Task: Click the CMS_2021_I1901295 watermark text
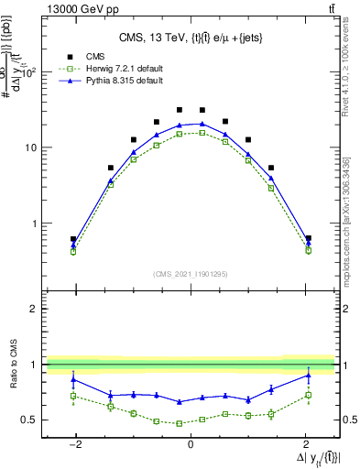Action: click(190, 274)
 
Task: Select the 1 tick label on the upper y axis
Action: click(38, 224)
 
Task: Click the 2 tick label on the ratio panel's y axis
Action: click(38, 309)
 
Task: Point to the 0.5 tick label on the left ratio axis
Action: click(34, 420)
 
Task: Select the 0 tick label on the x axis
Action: click(190, 443)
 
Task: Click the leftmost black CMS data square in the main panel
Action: click(73, 239)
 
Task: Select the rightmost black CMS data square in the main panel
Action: click(309, 238)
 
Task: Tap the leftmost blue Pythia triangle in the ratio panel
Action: click(73, 379)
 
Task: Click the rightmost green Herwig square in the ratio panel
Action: click(309, 396)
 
